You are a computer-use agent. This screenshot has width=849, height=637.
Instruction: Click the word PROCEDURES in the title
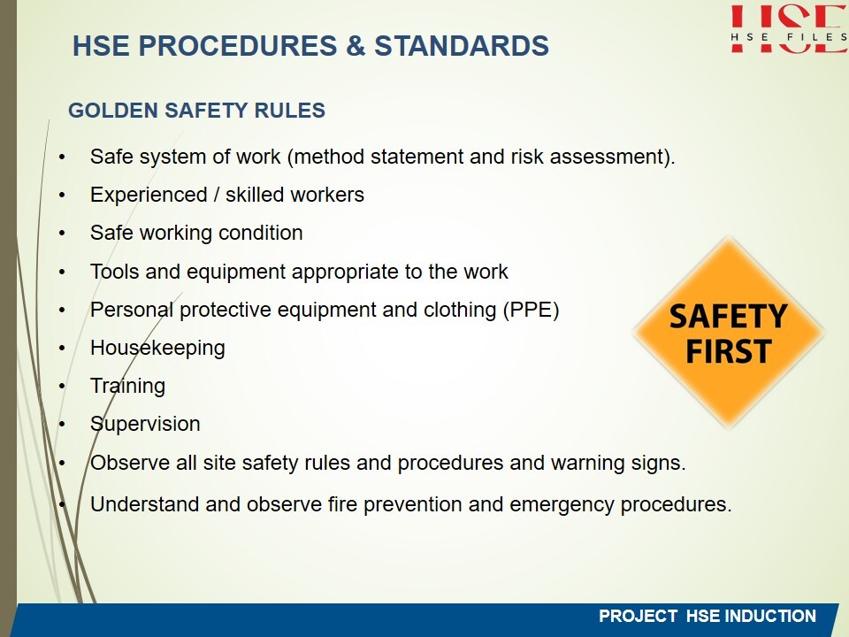[238, 45]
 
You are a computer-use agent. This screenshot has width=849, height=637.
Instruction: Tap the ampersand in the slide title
[356, 45]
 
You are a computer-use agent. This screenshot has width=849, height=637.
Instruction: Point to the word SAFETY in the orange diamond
[728, 317]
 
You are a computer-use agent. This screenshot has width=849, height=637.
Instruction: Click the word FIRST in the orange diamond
[728, 351]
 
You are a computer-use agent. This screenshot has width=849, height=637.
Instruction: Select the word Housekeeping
[157, 349]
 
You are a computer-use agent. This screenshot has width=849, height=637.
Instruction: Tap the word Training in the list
[127, 387]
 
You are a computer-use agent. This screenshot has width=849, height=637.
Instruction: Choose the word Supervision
[145, 424]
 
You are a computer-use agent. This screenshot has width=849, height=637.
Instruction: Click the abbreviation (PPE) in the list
[531, 310]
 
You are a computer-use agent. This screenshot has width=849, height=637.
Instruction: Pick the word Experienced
[149, 195]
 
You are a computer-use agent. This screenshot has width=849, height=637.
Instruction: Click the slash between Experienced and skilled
[217, 195]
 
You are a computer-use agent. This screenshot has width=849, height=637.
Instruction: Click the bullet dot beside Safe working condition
[62, 234]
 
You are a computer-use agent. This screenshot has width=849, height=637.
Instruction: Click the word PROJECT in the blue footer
[638, 616]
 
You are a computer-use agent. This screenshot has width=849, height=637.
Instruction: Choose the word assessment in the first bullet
[610, 157]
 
